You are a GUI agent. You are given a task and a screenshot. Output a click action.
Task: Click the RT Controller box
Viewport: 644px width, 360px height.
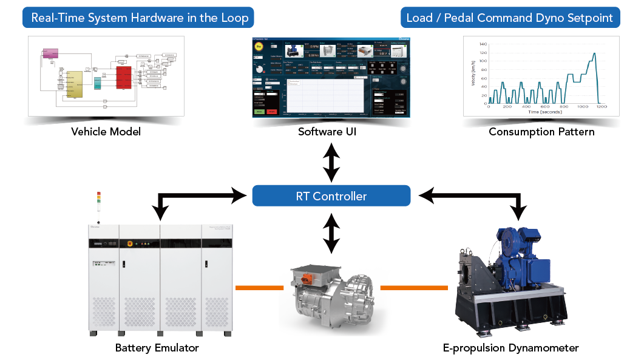[x=331, y=196]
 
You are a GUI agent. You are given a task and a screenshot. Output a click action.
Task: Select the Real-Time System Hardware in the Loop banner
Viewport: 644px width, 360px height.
[x=140, y=18]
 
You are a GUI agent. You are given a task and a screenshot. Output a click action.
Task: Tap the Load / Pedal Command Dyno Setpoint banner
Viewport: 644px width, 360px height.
[x=510, y=18]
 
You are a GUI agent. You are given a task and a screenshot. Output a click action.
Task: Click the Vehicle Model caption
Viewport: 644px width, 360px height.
[x=106, y=132]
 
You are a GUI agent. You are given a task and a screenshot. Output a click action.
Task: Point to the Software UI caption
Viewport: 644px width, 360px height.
[x=331, y=132]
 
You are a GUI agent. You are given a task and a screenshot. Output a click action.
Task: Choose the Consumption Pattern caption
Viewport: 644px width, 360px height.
[x=541, y=132]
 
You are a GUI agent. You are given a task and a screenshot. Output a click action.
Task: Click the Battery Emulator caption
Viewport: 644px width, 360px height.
[x=157, y=348]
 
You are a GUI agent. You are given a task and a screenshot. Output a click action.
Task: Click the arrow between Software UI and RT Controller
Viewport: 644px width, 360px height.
[x=331, y=161]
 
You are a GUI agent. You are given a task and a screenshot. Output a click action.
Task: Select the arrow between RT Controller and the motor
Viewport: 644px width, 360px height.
[x=331, y=233]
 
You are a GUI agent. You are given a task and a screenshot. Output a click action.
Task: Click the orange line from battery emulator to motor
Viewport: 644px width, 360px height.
[x=259, y=288]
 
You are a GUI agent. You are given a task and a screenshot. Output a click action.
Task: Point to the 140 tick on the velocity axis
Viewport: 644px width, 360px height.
[x=483, y=44]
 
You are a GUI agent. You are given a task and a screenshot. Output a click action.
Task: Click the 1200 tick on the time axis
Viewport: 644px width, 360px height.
[x=600, y=107]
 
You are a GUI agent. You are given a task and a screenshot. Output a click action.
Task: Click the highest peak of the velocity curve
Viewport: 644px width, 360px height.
[x=594, y=53]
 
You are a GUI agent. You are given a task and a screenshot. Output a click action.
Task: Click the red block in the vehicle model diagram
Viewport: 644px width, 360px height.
[x=124, y=77]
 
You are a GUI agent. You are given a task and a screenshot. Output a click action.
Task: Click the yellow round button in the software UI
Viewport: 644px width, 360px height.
[x=260, y=46]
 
